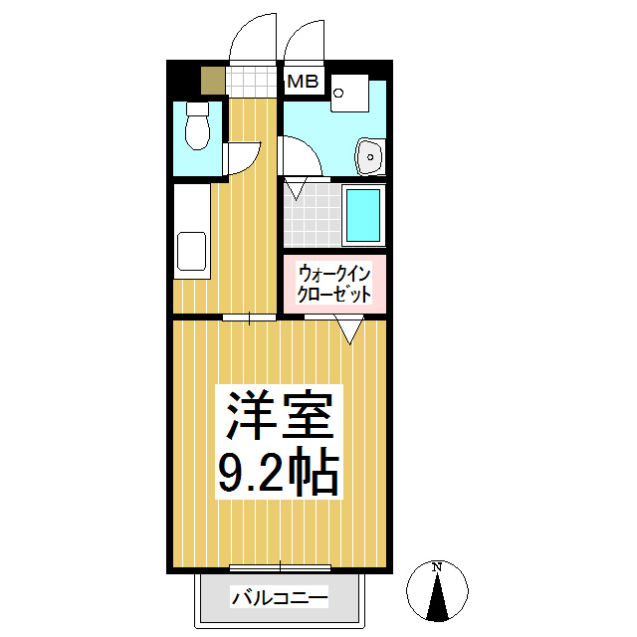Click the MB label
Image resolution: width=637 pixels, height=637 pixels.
click(303, 83)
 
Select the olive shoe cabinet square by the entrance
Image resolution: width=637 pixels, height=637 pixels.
click(212, 80)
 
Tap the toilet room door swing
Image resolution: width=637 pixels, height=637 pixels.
click(243, 156)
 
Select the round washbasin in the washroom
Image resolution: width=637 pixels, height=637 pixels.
click(370, 155)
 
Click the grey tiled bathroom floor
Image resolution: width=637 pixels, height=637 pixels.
click(310, 217)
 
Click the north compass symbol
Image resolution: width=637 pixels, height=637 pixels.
click(437, 590)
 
